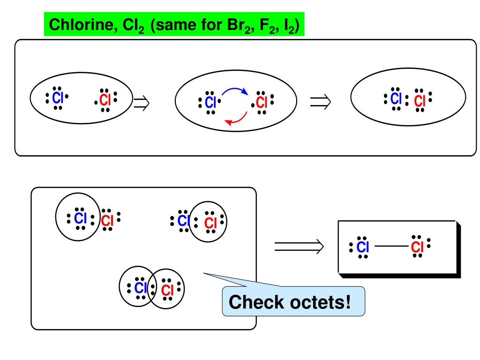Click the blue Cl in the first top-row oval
pos(58,98)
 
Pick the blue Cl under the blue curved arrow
pos(210,102)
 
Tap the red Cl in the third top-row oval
pos(420,101)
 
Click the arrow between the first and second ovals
pos(141,101)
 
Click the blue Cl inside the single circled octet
pos(81,218)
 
